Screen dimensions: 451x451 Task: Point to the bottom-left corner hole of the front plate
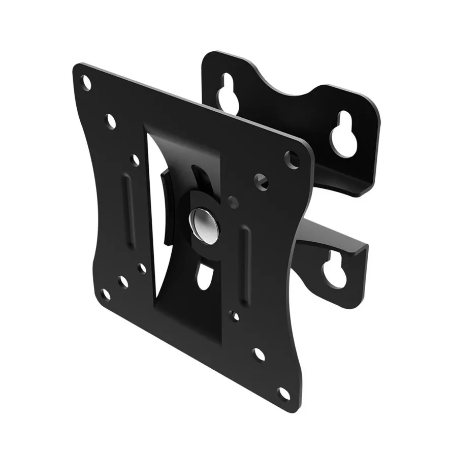[x=106, y=294]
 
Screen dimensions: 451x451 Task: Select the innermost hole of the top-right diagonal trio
[x=233, y=202]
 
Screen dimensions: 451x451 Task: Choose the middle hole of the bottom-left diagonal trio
[x=122, y=281]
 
